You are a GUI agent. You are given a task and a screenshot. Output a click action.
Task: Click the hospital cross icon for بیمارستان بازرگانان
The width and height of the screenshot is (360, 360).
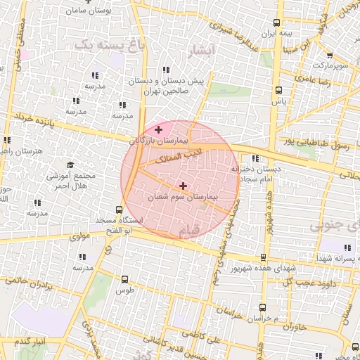(159, 129)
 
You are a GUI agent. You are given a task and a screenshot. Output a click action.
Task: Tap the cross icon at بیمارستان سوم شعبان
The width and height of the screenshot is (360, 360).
(184, 186)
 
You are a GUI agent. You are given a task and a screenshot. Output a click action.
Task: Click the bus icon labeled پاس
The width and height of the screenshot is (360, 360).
(279, 90)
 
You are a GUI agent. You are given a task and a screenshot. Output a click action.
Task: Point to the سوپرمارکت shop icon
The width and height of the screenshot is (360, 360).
(329, 54)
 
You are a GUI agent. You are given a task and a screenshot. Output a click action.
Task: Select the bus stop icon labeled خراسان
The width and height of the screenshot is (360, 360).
(262, 307)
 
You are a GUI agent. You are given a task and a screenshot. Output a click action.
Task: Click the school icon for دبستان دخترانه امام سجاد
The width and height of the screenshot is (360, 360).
(255, 159)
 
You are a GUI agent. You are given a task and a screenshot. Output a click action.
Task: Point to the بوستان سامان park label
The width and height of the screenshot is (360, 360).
(86, 11)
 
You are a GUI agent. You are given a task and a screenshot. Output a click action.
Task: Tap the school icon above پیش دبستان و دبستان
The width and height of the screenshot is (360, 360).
(166, 70)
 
